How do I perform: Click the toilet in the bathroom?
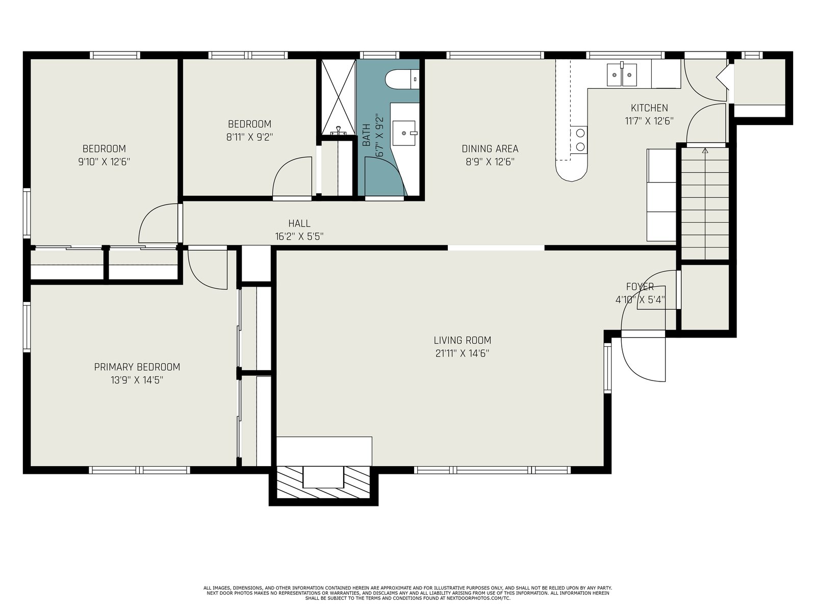click(x=402, y=79)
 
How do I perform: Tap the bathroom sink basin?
click(x=404, y=133)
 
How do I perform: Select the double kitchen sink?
click(x=622, y=74)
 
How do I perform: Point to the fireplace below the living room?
click(x=323, y=482)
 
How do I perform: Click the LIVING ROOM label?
click(x=462, y=340)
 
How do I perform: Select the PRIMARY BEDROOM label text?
click(x=137, y=367)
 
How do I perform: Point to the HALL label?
click(x=299, y=223)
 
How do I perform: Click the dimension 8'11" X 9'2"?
click(x=249, y=137)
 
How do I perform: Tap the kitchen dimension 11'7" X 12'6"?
click(x=649, y=121)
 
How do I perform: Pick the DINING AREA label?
click(x=490, y=148)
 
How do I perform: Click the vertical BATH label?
click(x=366, y=135)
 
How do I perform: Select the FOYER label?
click(x=640, y=287)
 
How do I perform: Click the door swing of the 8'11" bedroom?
click(x=292, y=176)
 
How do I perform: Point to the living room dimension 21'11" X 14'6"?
click(x=462, y=353)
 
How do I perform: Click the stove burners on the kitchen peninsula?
click(x=579, y=140)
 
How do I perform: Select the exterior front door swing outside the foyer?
click(x=643, y=360)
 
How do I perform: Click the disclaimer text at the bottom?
click(x=408, y=593)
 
